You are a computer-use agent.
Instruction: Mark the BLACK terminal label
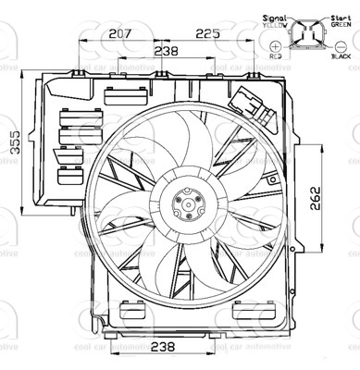point(341,55)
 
